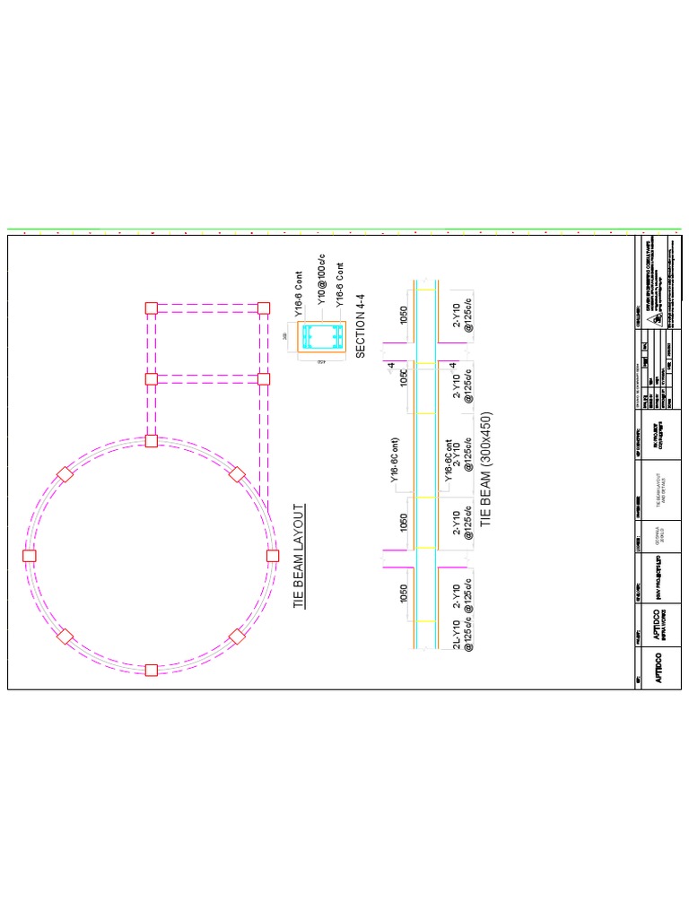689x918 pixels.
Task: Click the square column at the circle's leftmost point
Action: click(29, 556)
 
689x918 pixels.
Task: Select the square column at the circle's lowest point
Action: click(151, 670)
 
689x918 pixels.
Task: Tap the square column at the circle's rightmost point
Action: click(273, 556)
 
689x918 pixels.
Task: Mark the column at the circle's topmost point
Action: click(151, 441)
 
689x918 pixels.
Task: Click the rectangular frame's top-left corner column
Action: click(151, 307)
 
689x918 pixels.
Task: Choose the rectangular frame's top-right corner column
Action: click(264, 307)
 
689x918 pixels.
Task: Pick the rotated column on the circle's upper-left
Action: click(65, 474)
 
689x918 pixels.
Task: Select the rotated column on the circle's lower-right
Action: click(237, 637)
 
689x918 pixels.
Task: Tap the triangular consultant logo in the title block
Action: click(658, 318)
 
